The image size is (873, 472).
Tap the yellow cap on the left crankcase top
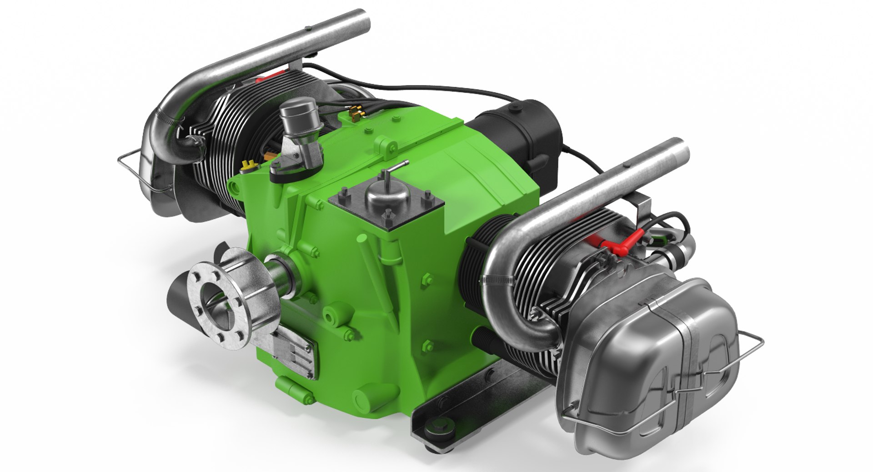tap(248, 165)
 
